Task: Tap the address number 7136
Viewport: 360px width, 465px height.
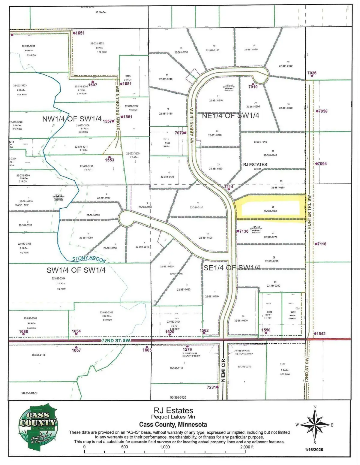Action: coord(244,231)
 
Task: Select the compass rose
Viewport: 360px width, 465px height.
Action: coord(315,424)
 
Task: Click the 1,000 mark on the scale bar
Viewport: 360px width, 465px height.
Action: coord(165,447)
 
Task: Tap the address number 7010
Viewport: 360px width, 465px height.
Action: coord(253,87)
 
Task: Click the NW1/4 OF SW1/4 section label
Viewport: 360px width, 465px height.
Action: coord(72,119)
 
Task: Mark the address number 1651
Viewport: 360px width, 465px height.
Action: coord(79,33)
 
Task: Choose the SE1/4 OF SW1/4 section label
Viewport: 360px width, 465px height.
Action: coord(232,268)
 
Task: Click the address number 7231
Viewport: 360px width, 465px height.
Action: coord(211,387)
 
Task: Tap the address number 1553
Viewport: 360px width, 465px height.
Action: coord(109,160)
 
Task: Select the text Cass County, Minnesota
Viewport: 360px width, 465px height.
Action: coord(173,424)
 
